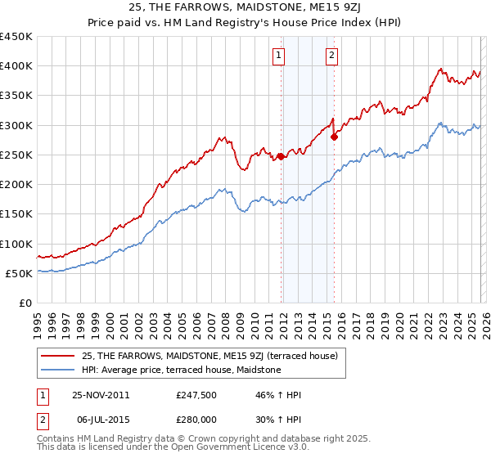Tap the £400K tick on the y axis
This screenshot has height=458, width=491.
click(16, 66)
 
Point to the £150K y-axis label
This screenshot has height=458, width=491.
click(16, 214)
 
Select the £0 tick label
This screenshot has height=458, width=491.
click(26, 303)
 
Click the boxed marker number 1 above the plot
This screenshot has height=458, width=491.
click(279, 56)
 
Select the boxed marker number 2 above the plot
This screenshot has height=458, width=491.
click(331, 56)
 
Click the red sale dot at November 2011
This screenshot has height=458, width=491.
click(281, 156)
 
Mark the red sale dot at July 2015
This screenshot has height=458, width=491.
click(334, 137)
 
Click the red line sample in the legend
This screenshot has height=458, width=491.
click(59, 356)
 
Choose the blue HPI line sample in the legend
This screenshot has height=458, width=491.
click(59, 370)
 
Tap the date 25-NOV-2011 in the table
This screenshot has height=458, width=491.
click(101, 394)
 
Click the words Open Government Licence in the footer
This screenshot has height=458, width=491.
click(210, 448)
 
